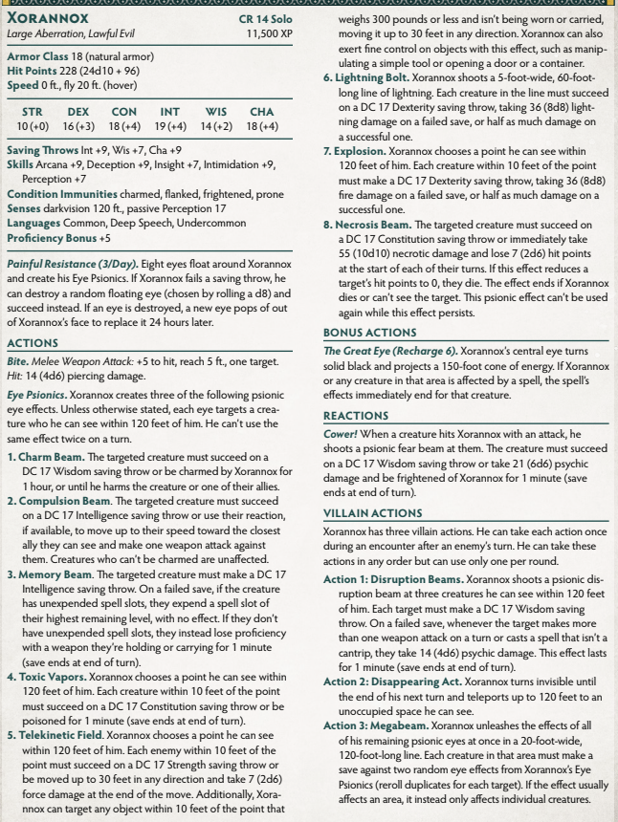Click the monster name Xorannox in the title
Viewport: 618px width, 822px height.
point(61,18)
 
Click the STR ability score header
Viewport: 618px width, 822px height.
point(32,112)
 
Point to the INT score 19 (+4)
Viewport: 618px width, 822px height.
point(171,126)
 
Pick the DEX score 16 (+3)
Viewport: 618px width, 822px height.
point(78,126)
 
